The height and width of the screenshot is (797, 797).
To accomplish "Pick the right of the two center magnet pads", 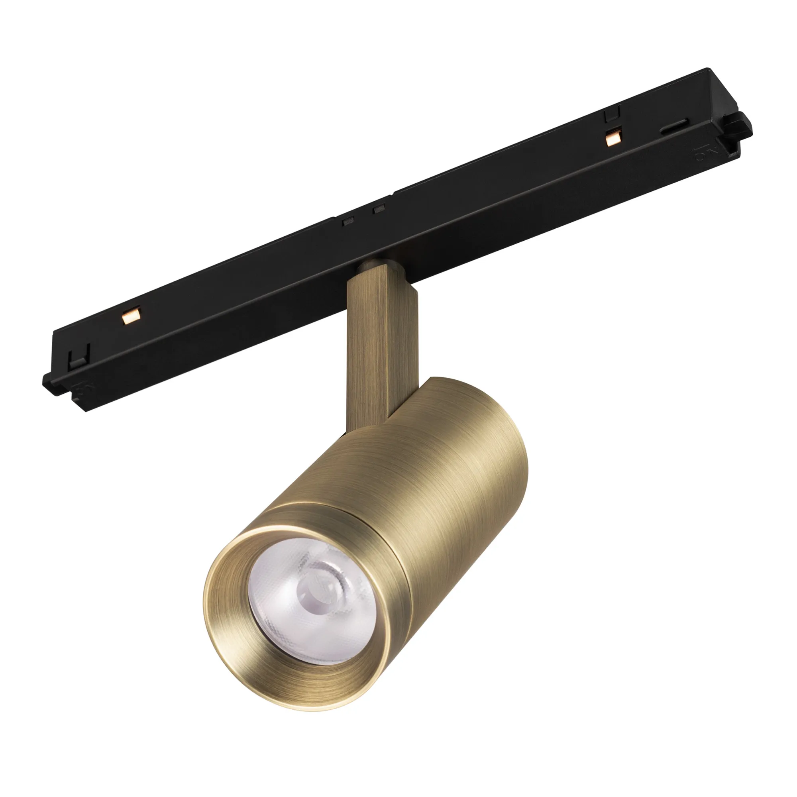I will (x=377, y=209).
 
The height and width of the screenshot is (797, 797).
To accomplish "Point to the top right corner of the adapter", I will (x=708, y=71).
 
